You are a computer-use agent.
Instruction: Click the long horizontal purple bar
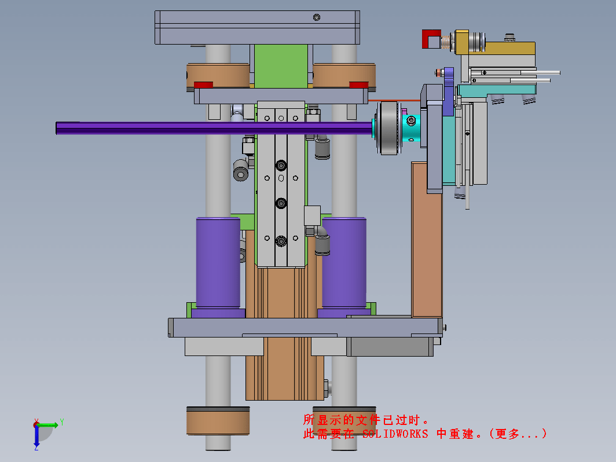[214, 128]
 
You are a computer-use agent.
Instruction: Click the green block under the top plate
[281, 66]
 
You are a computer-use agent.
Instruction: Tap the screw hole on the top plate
[317, 17]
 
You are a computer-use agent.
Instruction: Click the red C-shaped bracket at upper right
[431, 38]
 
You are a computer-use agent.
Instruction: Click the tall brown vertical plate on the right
[427, 240]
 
